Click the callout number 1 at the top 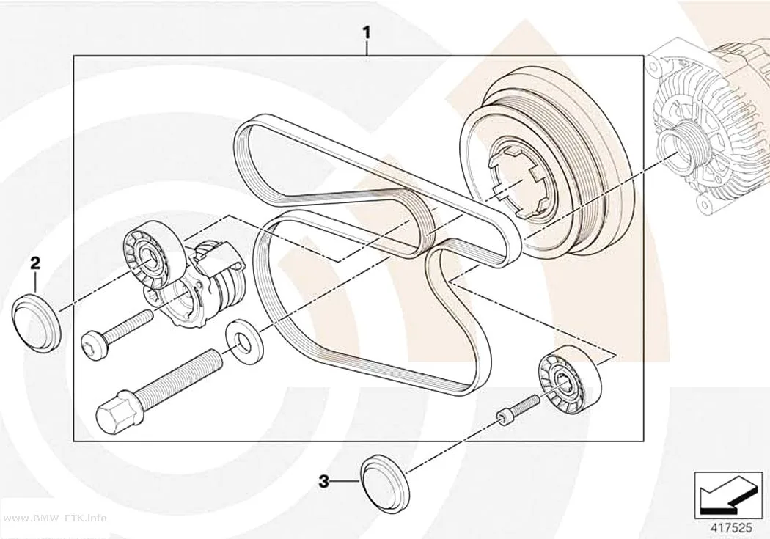click(367, 33)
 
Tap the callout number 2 click(35, 263)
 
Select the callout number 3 click(323, 481)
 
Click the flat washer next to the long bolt click(243, 339)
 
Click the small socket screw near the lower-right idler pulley click(515, 408)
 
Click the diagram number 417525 click(732, 528)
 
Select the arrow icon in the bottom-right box click(727, 496)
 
